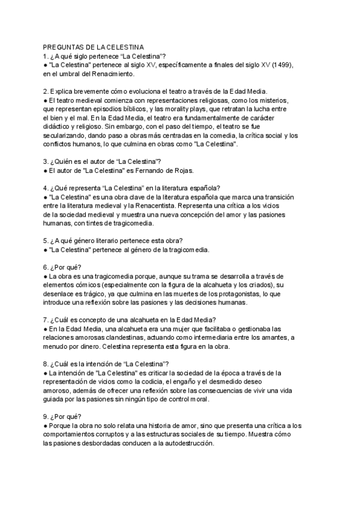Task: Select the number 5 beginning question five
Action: coord(46,241)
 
